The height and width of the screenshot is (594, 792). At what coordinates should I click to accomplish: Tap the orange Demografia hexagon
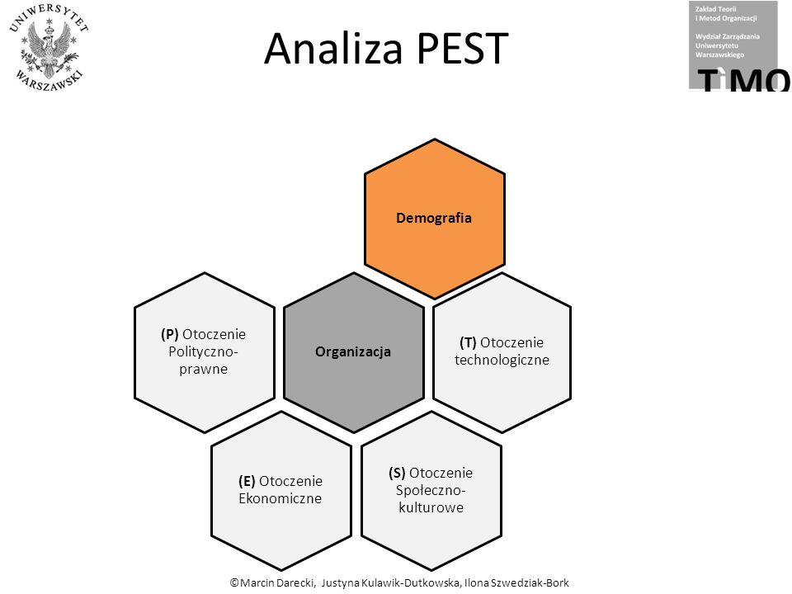point(435,219)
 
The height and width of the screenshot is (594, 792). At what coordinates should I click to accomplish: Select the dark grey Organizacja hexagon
point(354,352)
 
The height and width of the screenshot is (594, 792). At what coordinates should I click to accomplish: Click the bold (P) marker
point(170,334)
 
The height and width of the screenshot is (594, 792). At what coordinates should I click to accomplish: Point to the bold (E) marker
point(247,481)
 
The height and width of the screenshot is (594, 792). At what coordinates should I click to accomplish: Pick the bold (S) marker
point(397,473)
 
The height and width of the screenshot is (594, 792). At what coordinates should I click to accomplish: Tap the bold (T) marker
point(468,342)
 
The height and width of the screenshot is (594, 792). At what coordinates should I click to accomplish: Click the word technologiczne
point(502,361)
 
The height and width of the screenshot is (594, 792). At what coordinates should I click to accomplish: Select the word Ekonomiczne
point(280,498)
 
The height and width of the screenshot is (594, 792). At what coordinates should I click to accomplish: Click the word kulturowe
point(431,507)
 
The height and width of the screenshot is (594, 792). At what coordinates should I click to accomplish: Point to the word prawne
point(204,370)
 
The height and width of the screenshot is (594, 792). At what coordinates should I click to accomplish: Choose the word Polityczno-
point(203,351)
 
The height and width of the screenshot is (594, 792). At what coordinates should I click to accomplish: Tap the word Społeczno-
point(431,490)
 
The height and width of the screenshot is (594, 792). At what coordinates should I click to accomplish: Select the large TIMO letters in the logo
point(743,80)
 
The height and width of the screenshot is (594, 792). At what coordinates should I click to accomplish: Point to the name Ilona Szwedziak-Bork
point(516,582)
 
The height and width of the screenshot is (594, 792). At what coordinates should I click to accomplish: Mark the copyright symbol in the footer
point(234,582)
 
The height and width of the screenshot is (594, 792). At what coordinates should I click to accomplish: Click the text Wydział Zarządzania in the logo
point(728,36)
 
